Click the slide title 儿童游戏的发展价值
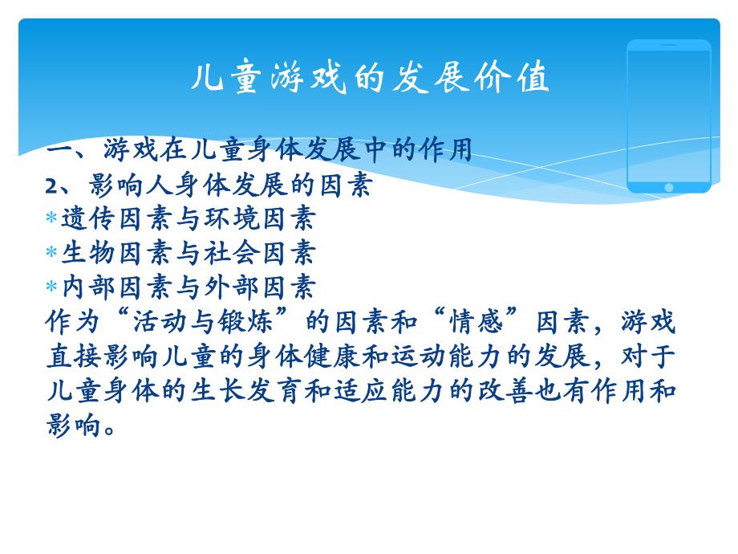tap(371, 79)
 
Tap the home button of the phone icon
tap(669, 187)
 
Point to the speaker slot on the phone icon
tap(669, 45)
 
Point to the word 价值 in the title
tap(522, 79)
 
